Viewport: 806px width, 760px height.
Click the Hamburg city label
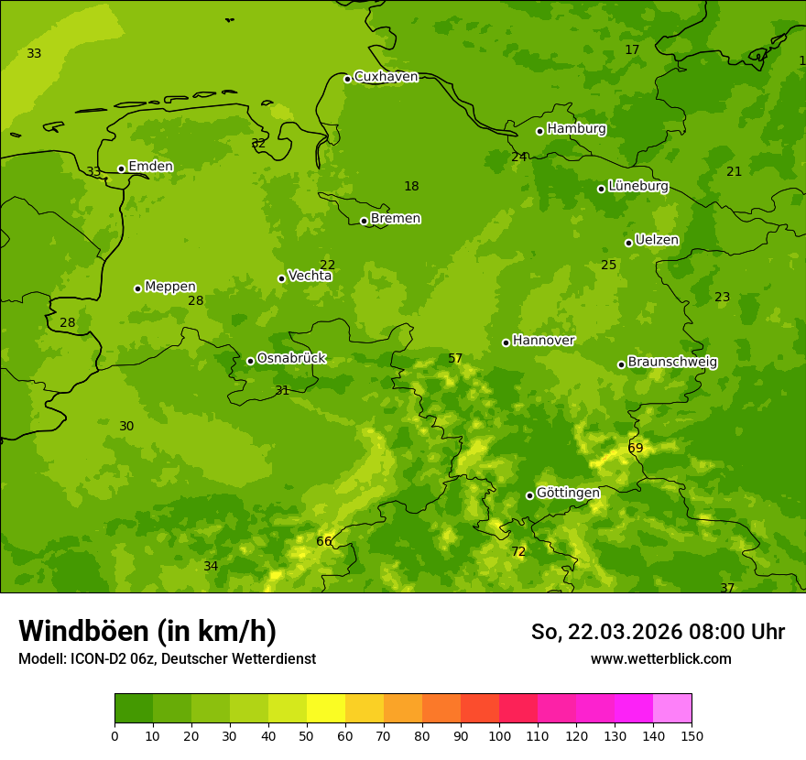(576, 129)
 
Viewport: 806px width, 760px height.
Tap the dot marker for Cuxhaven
(347, 79)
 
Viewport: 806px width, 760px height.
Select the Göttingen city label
(568, 493)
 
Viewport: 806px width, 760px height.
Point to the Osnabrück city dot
(250, 361)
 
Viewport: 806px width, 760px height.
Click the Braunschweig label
(672, 363)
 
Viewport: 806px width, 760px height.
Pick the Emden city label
(150, 167)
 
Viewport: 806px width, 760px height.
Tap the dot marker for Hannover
(506, 342)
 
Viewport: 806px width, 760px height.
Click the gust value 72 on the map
(518, 552)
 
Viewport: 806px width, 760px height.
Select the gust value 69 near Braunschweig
(635, 448)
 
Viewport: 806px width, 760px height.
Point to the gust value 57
(455, 359)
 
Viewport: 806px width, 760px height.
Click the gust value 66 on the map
(323, 542)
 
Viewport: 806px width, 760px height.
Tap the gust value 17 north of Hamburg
(632, 49)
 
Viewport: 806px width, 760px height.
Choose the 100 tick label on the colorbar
(499, 735)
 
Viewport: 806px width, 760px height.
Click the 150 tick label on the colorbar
(692, 735)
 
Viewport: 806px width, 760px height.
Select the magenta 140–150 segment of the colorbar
(672, 708)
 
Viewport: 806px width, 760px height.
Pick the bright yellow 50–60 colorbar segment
(326, 708)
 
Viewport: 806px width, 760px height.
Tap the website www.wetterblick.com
(660, 659)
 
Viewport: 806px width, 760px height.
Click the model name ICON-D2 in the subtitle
(100, 659)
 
